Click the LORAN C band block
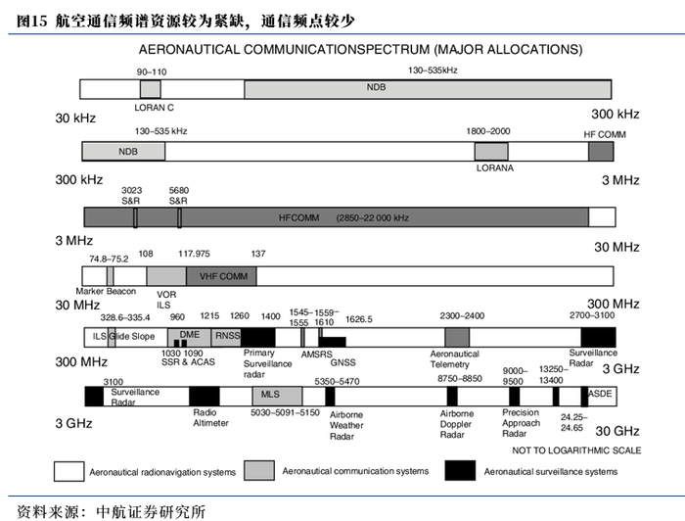(150, 89)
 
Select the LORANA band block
(490, 151)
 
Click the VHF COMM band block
(223, 276)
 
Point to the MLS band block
(271, 396)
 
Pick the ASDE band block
(598, 396)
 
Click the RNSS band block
(227, 337)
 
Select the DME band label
(190, 334)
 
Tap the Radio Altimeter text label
(210, 418)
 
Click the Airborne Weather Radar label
(346, 425)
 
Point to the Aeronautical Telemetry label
(455, 359)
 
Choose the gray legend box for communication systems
(258, 471)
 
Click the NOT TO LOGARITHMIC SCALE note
(577, 450)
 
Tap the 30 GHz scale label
(616, 431)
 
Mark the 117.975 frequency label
(194, 254)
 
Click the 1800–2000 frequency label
(488, 130)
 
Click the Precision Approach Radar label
(521, 423)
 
